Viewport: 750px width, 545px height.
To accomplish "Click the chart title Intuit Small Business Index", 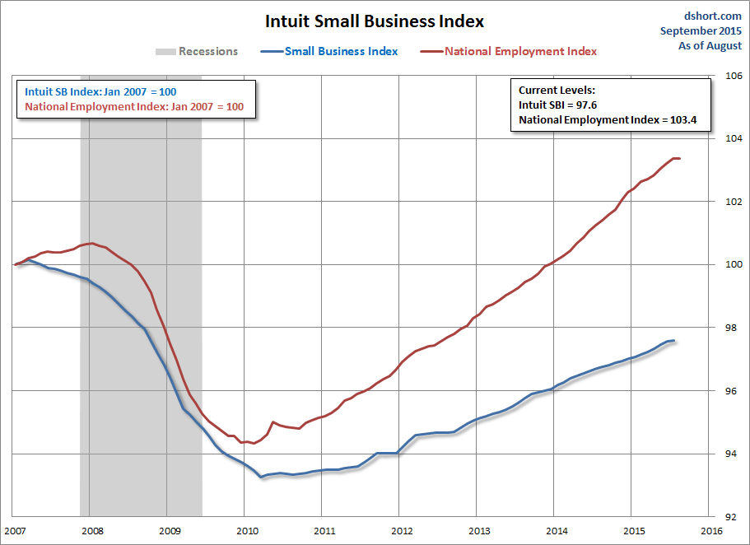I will [x=375, y=21].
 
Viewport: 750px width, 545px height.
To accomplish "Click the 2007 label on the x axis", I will [x=16, y=531].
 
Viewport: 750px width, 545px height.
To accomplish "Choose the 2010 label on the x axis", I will [x=245, y=531].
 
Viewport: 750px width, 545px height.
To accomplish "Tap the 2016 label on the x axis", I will [x=710, y=531].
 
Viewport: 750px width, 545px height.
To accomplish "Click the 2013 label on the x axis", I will [x=477, y=531].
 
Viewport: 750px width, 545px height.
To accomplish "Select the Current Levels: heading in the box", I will [x=557, y=90].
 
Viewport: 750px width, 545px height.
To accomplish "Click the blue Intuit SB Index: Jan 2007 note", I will [x=100, y=91].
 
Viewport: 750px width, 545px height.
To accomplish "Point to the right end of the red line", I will [x=679, y=158].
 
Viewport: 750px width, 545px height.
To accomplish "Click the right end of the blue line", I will [x=674, y=341].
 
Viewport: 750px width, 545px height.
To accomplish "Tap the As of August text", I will [x=710, y=46].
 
